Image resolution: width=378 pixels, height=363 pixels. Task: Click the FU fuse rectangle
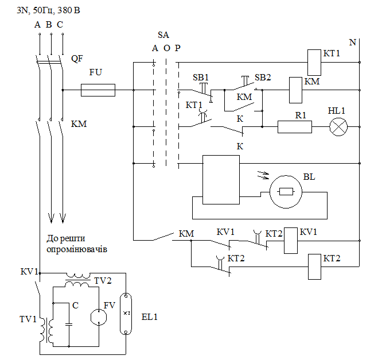[98, 90]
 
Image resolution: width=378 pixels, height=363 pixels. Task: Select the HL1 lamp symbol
[338, 127]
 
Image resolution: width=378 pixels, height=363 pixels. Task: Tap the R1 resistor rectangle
[295, 127]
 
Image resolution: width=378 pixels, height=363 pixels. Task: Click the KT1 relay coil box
[314, 63]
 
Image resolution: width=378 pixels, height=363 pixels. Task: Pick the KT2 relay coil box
[314, 267]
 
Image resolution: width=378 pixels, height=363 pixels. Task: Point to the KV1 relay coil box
[290, 241]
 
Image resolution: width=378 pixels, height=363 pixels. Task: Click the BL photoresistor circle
[286, 192]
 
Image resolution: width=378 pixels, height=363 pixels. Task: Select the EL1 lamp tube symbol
[126, 314]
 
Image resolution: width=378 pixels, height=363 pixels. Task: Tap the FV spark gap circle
[99, 317]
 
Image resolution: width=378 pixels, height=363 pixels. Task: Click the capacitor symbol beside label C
[69, 324]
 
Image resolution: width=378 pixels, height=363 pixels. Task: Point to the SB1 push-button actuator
[204, 88]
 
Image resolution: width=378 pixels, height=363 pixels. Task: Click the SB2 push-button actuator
[245, 81]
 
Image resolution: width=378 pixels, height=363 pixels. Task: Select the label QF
[77, 59]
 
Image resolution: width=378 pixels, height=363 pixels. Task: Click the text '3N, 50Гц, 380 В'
[48, 10]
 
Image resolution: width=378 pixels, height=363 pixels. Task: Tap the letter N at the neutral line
[352, 43]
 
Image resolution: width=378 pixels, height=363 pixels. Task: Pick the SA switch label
[163, 35]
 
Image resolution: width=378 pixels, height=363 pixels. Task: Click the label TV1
[28, 319]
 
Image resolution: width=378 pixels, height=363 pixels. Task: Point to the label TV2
[103, 281]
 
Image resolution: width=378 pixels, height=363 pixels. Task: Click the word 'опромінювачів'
[77, 249]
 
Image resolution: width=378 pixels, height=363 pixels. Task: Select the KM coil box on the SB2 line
[295, 90]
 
